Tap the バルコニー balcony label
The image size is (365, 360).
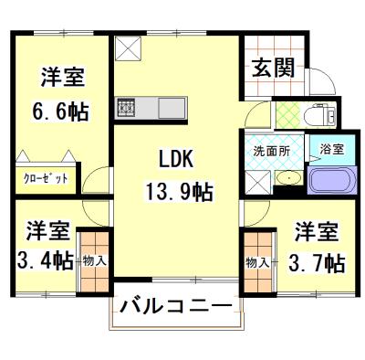pyautogui.click(x=177, y=305)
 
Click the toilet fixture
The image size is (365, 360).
pyautogui.click(x=321, y=113)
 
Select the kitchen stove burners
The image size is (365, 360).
pyautogui.click(x=126, y=107)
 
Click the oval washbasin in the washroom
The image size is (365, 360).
pyautogui.click(x=287, y=177)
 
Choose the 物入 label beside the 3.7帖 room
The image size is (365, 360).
pyautogui.click(x=256, y=262)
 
